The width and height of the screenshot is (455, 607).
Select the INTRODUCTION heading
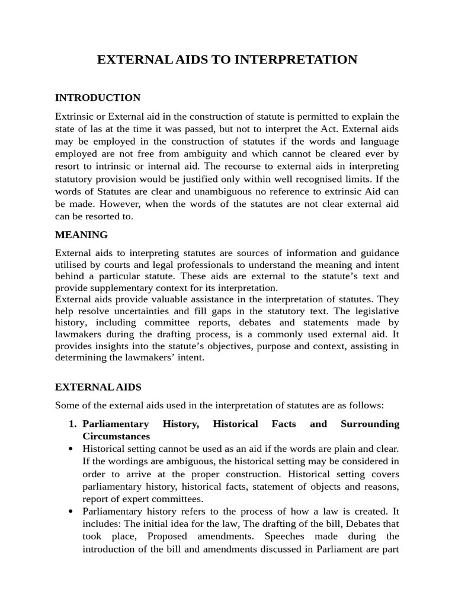click(98, 98)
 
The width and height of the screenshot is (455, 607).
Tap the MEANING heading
click(81, 235)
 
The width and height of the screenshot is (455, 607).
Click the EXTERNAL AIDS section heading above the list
click(98, 387)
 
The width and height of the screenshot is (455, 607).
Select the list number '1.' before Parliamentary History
click(73, 424)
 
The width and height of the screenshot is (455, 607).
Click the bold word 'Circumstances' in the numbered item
click(116, 436)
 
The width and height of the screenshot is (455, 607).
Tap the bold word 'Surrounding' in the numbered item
click(370, 424)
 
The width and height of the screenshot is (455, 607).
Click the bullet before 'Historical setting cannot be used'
click(71, 449)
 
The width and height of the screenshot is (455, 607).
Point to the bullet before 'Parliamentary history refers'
click(71, 512)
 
